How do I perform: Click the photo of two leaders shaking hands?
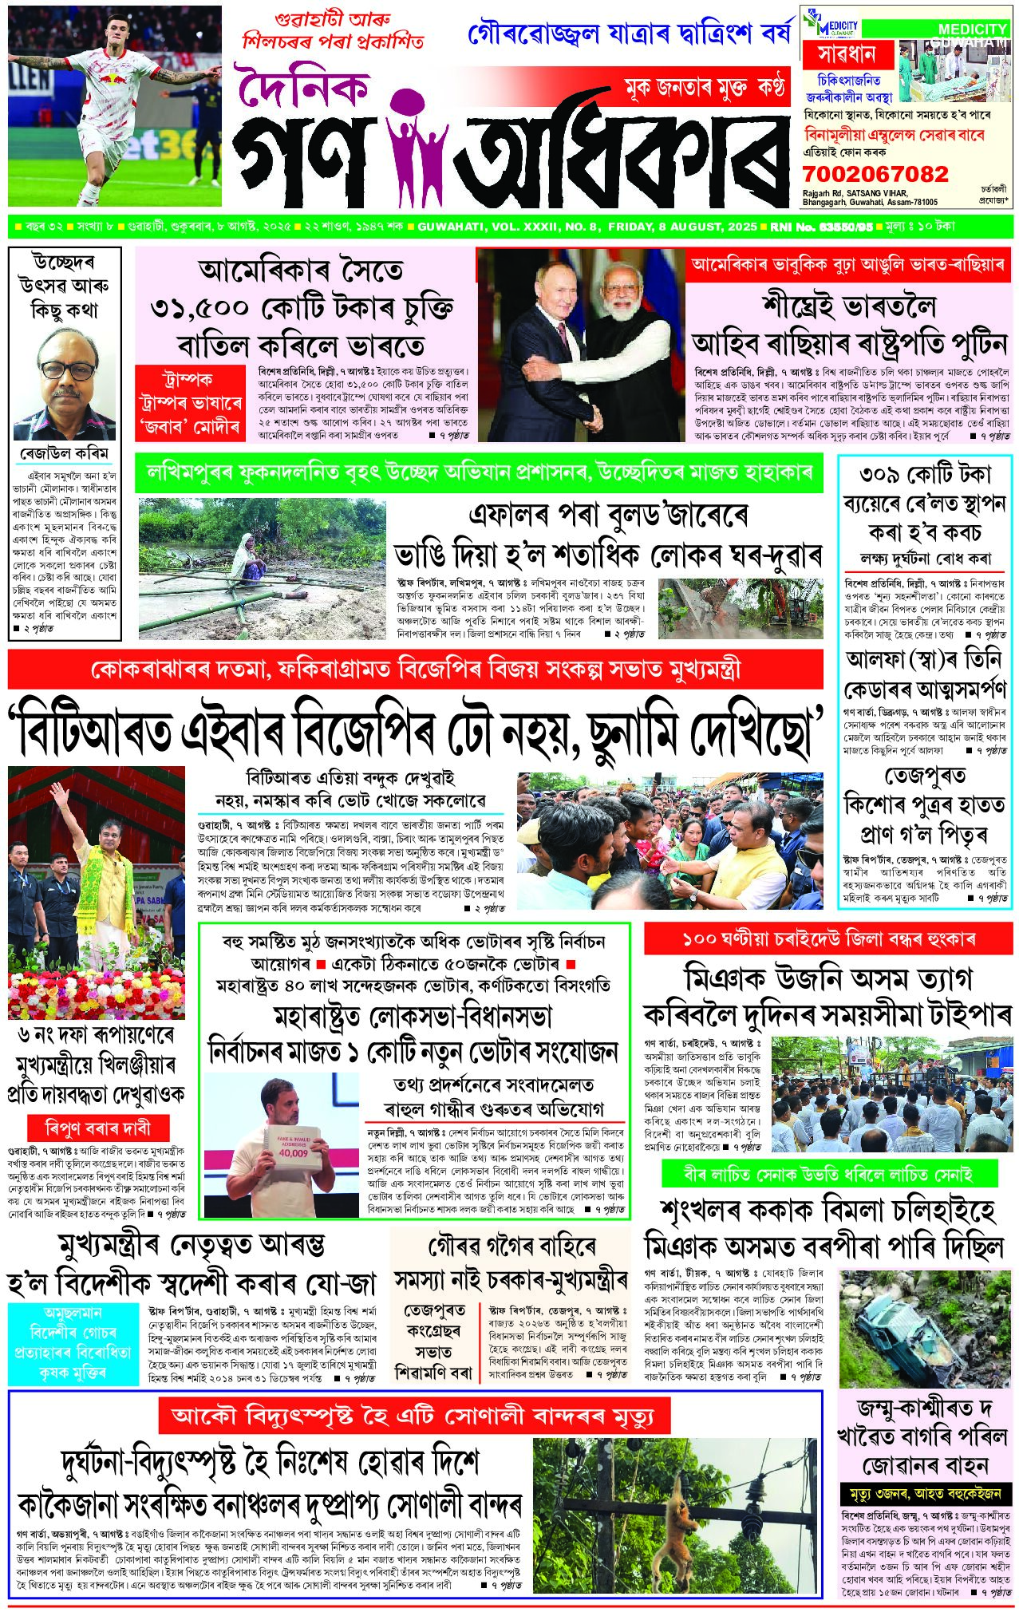click(x=580, y=345)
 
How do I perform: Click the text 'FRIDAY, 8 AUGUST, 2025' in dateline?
click(x=682, y=227)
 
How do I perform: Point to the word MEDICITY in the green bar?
click(x=971, y=30)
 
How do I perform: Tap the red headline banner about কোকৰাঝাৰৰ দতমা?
click(x=415, y=669)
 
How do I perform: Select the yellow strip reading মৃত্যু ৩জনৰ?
click(x=925, y=1493)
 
